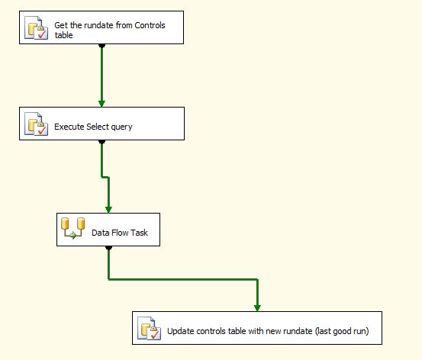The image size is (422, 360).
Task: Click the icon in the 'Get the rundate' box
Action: coord(37,27)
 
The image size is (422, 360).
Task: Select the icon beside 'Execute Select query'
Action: coord(37,124)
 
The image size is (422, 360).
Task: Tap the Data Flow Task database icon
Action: coord(72,228)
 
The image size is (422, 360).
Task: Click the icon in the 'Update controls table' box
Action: coord(149,328)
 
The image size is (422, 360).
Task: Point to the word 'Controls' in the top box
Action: coord(150,25)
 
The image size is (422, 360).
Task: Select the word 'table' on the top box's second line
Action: coord(64,35)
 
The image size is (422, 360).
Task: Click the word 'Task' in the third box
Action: coord(140,233)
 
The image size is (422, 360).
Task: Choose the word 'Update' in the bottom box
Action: coord(181,331)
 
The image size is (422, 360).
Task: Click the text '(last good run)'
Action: coord(342,331)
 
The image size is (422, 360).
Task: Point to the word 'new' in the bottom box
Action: coord(273,331)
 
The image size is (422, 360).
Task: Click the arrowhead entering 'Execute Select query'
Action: coord(101,104)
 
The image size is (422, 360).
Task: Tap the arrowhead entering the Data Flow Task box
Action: coord(108,210)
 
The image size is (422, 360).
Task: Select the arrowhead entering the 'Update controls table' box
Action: coord(257,308)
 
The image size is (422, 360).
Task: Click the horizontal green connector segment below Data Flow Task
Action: coord(183,279)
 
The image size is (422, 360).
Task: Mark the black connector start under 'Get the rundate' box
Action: coord(101,46)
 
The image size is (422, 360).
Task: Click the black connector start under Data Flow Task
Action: coord(108,248)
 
